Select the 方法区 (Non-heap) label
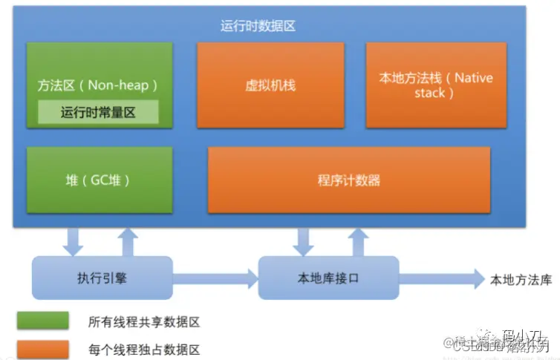point(99,85)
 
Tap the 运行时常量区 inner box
point(99,112)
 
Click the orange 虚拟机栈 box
point(270,85)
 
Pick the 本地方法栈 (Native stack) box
point(436,85)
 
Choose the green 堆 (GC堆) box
point(98,180)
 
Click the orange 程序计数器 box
point(349,180)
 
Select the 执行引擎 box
point(102,278)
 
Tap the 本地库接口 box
point(328,278)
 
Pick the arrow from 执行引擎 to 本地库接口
point(215,279)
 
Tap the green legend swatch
point(44,321)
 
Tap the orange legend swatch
point(44,349)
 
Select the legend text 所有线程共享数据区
point(144,322)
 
